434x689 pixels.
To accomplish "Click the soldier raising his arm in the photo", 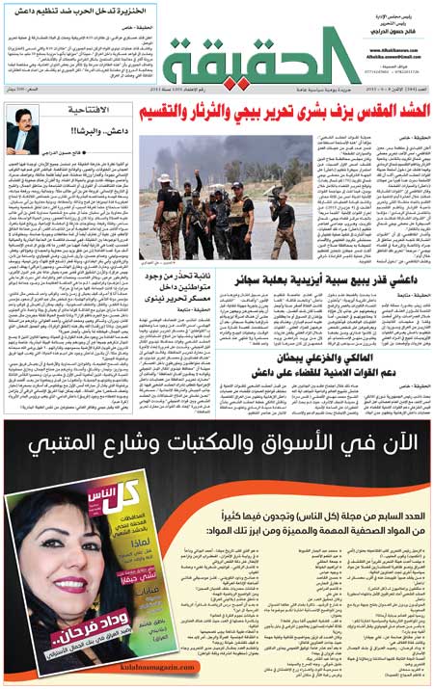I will [x=192, y=189].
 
